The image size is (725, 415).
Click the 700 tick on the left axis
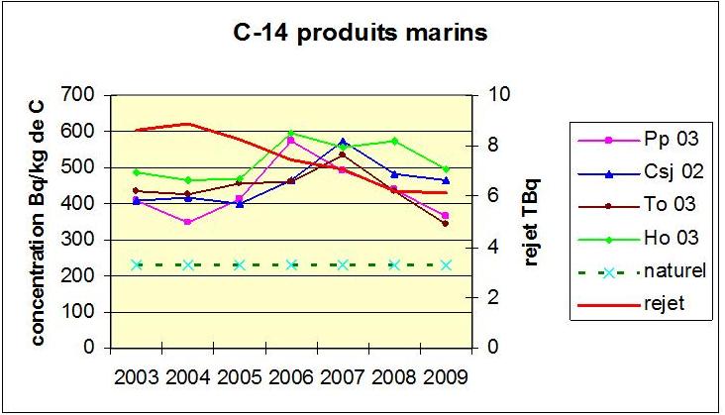[x=83, y=95]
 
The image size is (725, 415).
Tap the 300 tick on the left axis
[x=83, y=240]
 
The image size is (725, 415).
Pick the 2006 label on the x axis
[x=290, y=377]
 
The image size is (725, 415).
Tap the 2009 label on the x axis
[x=444, y=377]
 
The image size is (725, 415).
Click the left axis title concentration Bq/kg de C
[x=38, y=221]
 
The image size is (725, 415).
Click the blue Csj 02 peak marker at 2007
[x=343, y=142]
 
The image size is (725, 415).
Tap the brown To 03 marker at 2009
[x=445, y=224]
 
